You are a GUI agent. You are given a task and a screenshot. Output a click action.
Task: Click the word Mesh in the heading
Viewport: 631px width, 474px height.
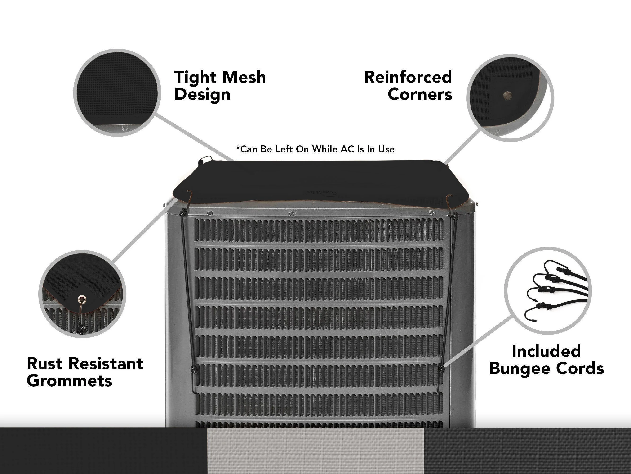[244, 77]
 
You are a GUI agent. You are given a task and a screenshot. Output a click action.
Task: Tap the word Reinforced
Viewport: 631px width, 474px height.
[408, 77]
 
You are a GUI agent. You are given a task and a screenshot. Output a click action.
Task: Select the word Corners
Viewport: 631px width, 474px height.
[420, 94]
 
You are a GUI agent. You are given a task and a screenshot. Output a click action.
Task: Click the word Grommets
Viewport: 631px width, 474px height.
[69, 381]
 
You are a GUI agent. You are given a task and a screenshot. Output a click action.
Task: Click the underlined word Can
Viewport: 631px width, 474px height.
[249, 149]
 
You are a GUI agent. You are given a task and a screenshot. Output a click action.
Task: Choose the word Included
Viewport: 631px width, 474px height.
[546, 351]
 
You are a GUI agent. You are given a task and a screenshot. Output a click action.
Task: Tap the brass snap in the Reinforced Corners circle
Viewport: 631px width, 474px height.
[507, 95]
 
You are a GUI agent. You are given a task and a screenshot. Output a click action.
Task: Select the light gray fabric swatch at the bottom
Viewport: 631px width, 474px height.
[315, 451]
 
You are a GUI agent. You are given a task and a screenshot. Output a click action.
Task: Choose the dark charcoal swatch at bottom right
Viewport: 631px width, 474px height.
[527, 451]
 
